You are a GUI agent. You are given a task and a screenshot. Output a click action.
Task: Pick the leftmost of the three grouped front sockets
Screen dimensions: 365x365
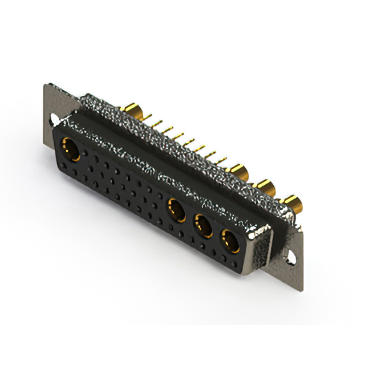pyautogui.click(x=176, y=210)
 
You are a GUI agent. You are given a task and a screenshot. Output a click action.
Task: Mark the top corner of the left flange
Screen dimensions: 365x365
pyautogui.click(x=46, y=86)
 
